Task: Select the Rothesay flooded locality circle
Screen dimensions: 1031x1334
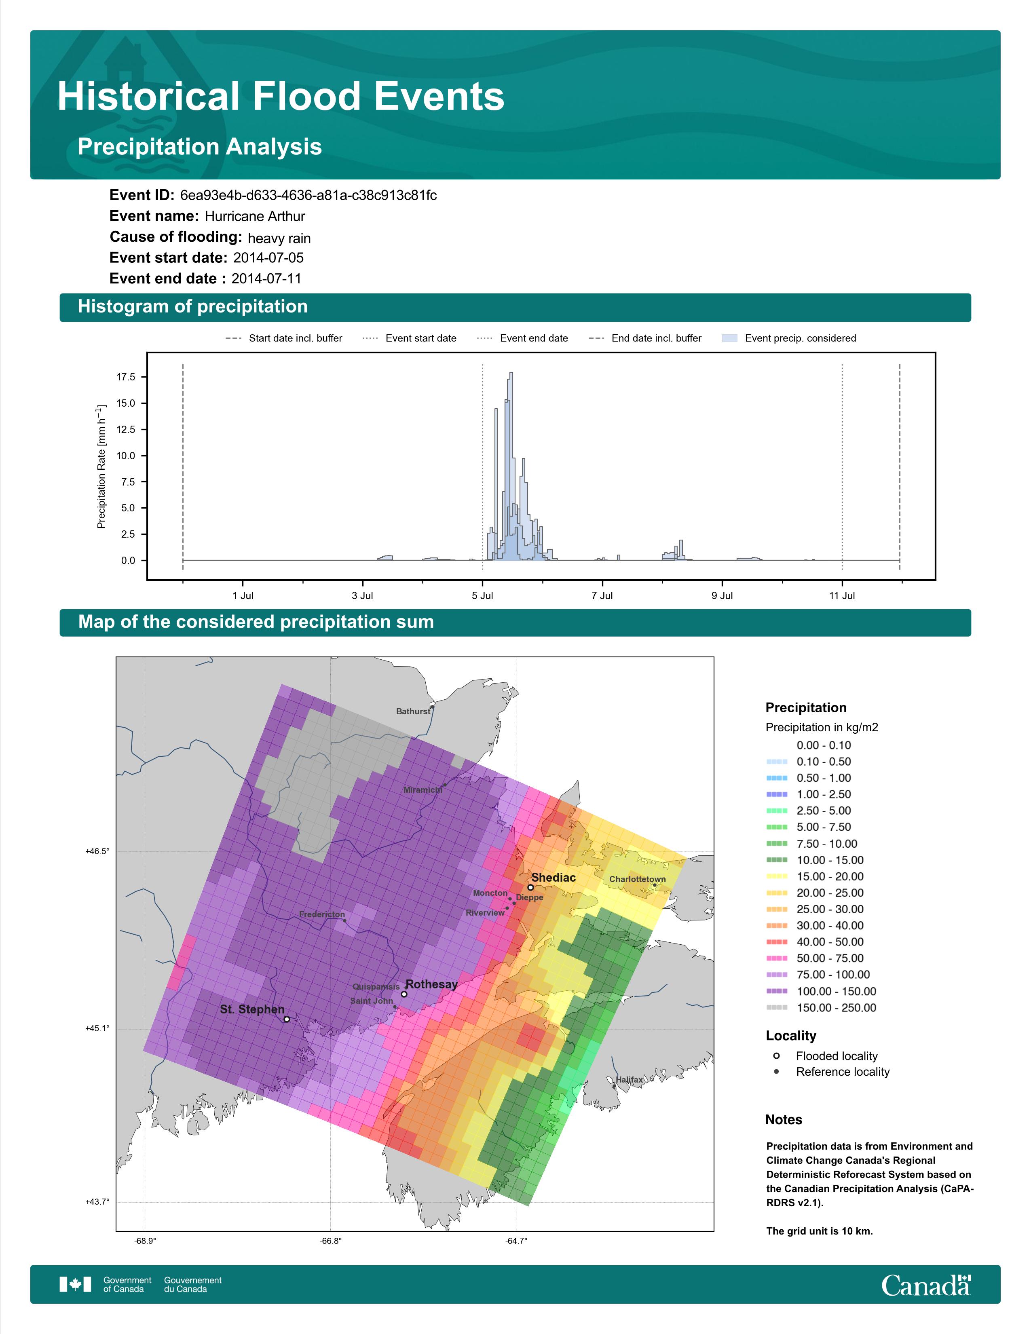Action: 404,994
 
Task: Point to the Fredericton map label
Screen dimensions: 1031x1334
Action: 322,914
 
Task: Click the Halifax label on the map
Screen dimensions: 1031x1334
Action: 629,1079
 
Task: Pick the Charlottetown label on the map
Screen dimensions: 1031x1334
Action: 638,879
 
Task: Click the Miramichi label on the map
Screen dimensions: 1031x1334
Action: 423,790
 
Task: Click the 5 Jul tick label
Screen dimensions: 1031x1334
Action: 482,595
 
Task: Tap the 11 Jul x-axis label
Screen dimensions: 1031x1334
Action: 842,595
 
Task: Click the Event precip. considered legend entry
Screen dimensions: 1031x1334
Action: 789,338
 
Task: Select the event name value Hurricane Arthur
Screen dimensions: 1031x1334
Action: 255,216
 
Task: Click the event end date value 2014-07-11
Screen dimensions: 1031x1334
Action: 266,279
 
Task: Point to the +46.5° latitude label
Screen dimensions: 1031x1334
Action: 97,851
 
